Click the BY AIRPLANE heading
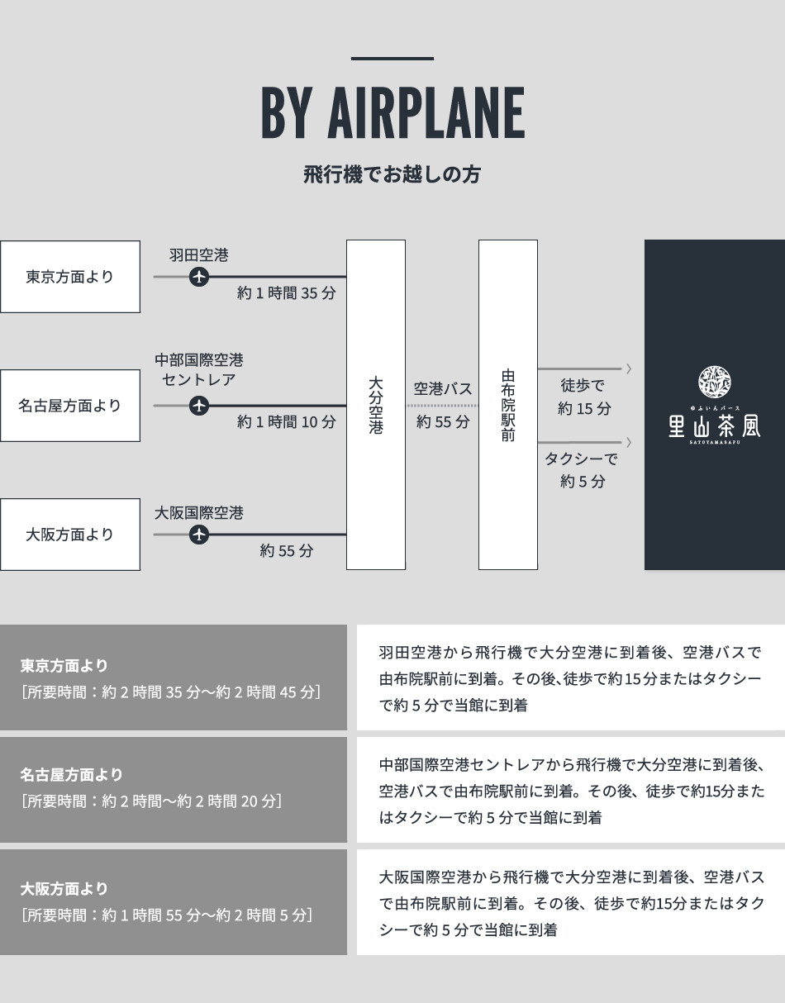click(392, 113)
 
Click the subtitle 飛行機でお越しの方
click(392, 175)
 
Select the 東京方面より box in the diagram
click(70, 277)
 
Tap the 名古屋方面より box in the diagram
click(70, 406)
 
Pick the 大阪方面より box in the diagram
click(70, 535)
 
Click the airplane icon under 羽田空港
click(199, 277)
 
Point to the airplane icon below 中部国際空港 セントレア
click(199, 406)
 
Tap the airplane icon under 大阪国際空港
click(199, 535)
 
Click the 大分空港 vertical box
click(376, 405)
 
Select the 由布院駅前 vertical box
click(508, 405)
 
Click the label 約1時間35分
click(286, 293)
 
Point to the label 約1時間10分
click(286, 422)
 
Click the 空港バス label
click(443, 388)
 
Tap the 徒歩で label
click(583, 386)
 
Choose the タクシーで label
click(581, 459)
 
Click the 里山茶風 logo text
click(714, 425)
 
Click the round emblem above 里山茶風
click(714, 381)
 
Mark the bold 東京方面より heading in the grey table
click(64, 665)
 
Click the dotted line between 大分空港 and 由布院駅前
click(442, 406)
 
